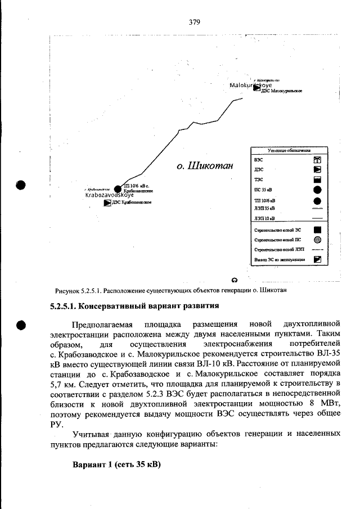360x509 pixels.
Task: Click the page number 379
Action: pyautogui.click(x=195, y=22)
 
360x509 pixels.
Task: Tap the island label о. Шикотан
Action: pyautogui.click(x=204, y=166)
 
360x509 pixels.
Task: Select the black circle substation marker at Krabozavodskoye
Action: pyautogui.click(x=118, y=189)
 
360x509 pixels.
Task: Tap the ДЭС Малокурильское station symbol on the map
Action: pyautogui.click(x=257, y=88)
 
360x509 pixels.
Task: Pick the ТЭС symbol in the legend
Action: pyautogui.click(x=317, y=180)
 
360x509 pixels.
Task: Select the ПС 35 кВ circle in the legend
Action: pyautogui.click(x=317, y=190)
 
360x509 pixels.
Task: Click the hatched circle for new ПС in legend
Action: pyautogui.click(x=317, y=239)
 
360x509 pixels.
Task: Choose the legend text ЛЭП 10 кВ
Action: pyautogui.click(x=264, y=218)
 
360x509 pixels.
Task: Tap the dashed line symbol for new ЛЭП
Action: pyautogui.click(x=317, y=249)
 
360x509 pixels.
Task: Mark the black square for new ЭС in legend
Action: pyautogui.click(x=317, y=229)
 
